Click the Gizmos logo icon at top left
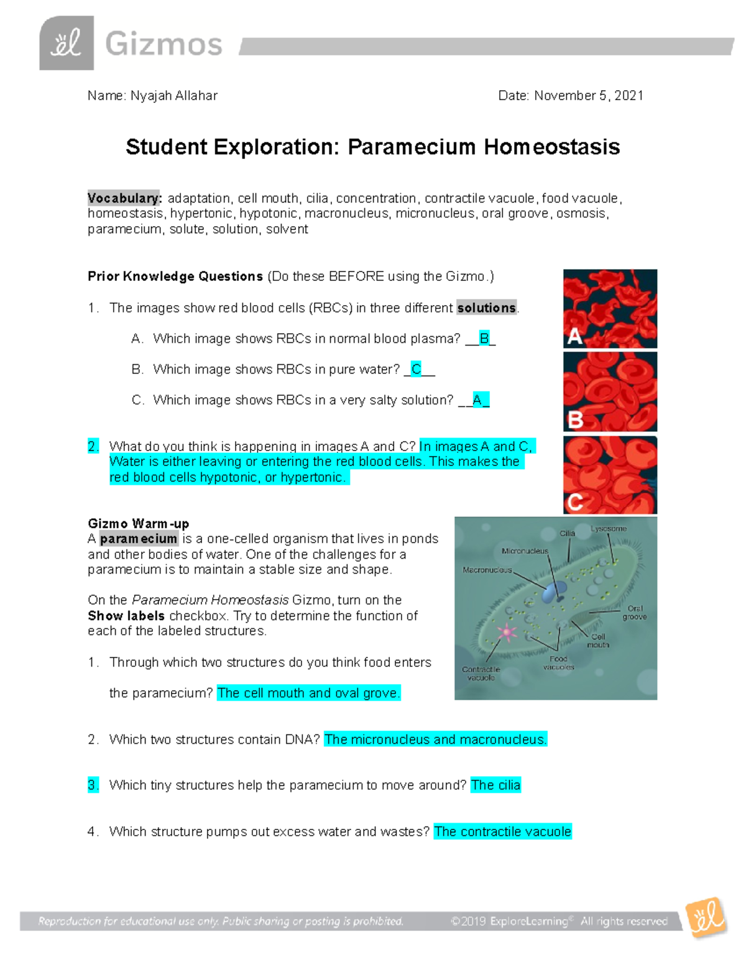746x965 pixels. tap(67, 43)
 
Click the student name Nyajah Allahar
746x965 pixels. tap(173, 96)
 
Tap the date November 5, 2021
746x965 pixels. tap(588, 96)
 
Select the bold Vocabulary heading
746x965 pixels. tap(124, 198)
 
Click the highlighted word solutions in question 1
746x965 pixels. tap(486, 308)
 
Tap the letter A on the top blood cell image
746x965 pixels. tap(574, 336)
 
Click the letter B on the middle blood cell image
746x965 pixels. tap(575, 420)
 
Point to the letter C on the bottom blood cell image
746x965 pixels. tap(575, 501)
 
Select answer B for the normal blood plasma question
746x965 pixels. tap(484, 339)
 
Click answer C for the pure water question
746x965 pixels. tap(417, 369)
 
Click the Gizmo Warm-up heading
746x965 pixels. tap(138, 523)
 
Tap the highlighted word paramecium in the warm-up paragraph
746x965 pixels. tap(139, 539)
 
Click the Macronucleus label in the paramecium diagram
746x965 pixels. tap(487, 570)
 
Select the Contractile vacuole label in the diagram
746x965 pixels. tap(481, 674)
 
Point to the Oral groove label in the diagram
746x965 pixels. tap(635, 613)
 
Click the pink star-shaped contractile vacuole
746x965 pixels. tap(507, 632)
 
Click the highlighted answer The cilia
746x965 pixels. tap(495, 785)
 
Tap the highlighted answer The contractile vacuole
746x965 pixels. tap(502, 831)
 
